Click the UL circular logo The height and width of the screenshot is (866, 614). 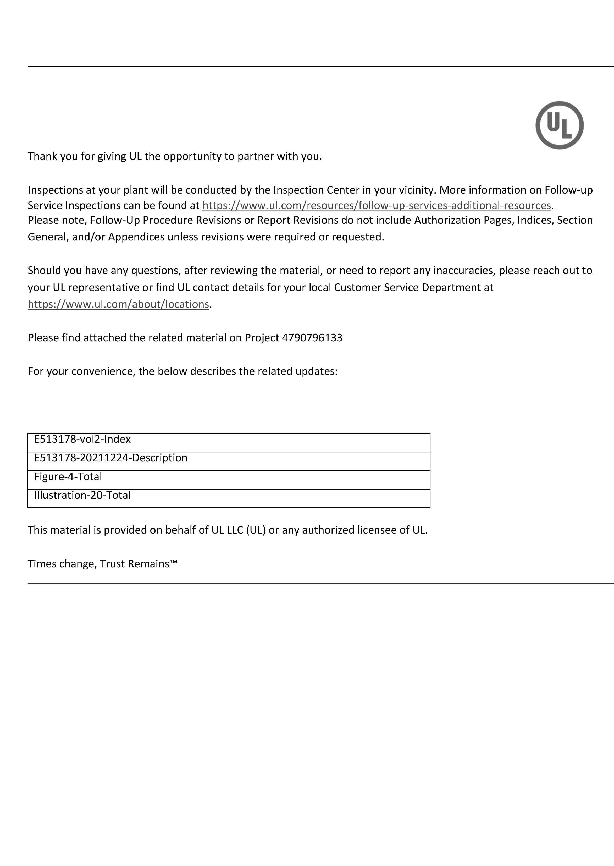pyautogui.click(x=559, y=125)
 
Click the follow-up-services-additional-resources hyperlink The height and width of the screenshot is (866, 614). pyautogui.click(x=377, y=205)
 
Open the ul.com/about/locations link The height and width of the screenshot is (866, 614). pyautogui.click(x=118, y=304)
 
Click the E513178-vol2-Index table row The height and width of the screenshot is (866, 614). pyautogui.click(x=229, y=442)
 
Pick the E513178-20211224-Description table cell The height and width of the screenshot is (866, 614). pyautogui.click(x=229, y=461)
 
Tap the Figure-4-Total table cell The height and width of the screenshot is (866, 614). pyautogui.click(x=229, y=480)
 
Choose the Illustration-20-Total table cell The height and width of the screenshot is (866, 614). pyautogui.click(x=229, y=498)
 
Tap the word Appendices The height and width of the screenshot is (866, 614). pyautogui.click(x=137, y=237)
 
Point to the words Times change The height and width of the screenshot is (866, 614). pyautogui.click(x=62, y=564)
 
